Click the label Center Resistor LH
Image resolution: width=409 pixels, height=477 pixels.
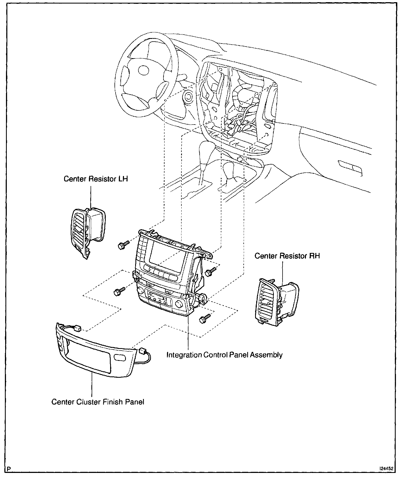point(96,179)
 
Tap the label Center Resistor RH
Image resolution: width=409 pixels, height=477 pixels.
point(287,256)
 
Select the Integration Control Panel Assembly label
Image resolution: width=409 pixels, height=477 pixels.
point(224,355)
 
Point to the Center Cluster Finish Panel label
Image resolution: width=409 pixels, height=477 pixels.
point(98,402)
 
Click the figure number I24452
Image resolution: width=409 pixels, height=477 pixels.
point(386,469)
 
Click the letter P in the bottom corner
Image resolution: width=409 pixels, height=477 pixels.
point(10,469)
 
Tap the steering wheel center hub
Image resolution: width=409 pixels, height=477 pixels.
point(144,70)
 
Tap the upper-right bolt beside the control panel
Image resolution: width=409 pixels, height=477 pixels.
point(211,271)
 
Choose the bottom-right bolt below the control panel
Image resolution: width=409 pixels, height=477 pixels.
point(205,319)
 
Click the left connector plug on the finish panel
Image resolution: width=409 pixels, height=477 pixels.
point(78,328)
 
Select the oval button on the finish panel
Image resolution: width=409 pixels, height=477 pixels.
point(119,358)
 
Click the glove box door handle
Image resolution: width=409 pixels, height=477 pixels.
point(350,168)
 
